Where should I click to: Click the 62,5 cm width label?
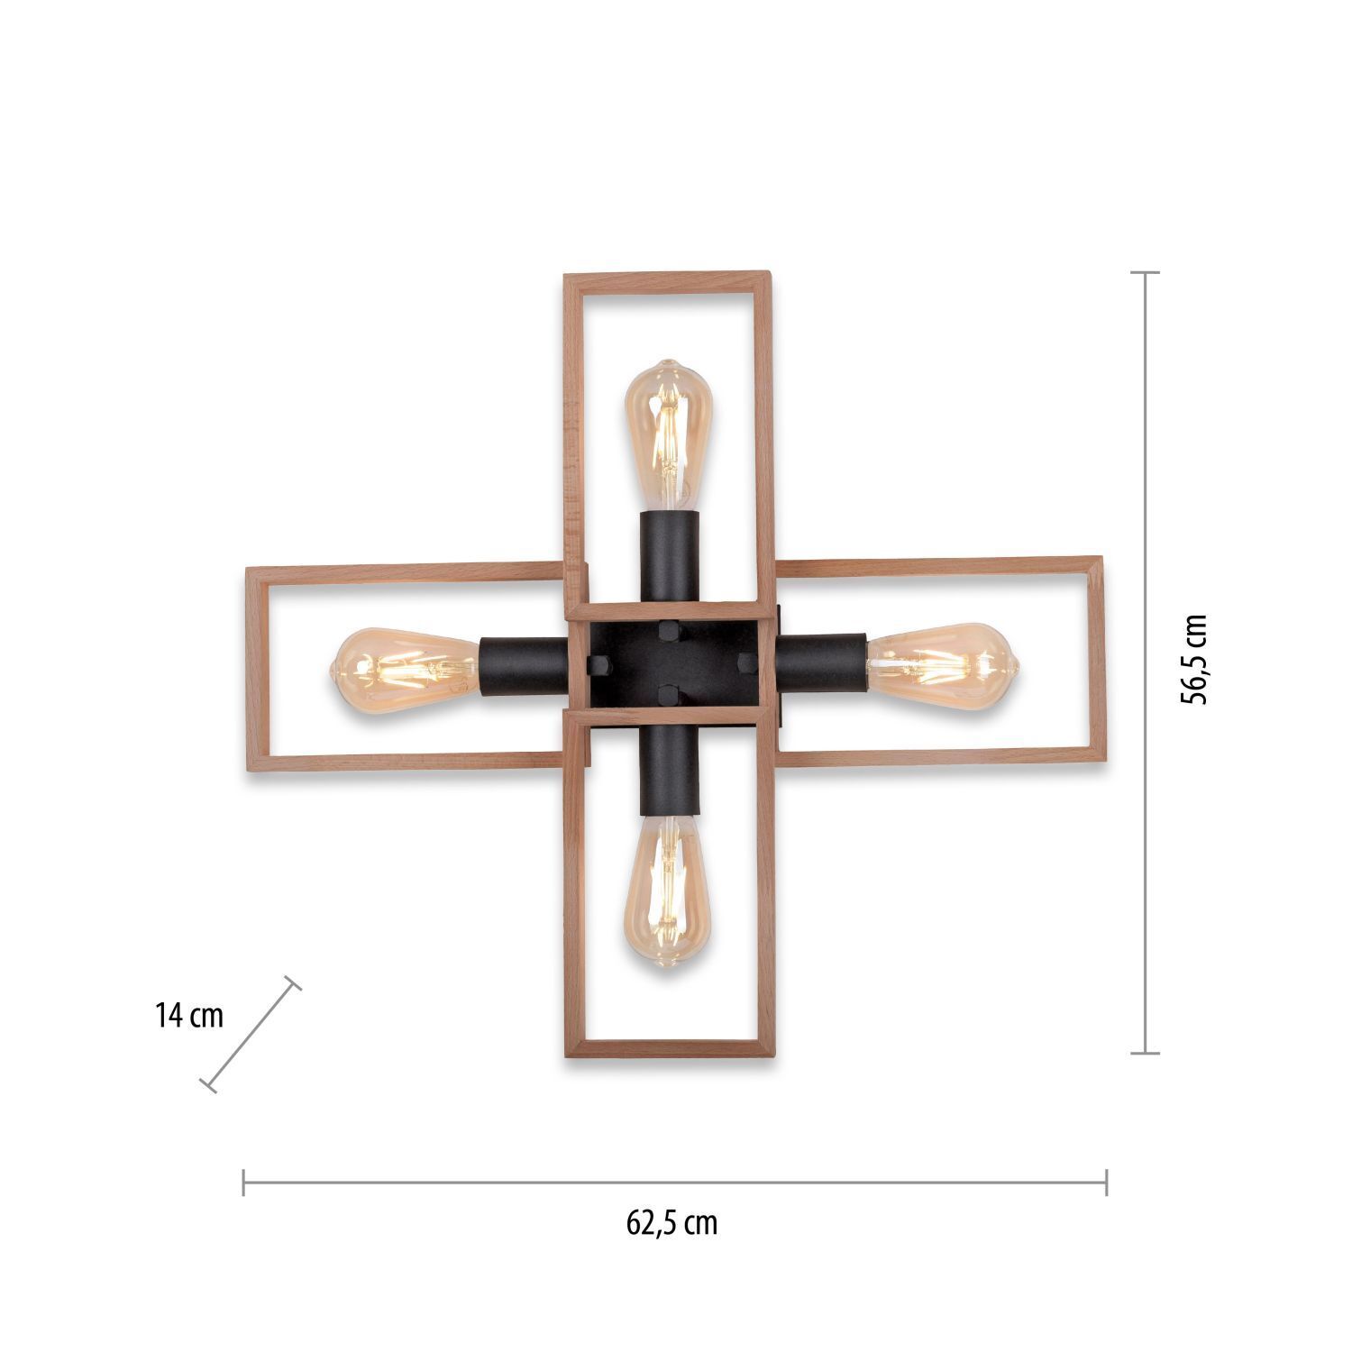point(672,1223)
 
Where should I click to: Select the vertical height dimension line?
point(1145,662)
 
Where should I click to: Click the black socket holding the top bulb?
point(670,554)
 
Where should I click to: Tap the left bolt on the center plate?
point(597,665)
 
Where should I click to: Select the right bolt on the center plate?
point(747,663)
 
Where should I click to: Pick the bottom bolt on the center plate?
point(670,696)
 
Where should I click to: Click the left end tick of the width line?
point(244,1182)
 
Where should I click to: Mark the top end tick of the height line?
point(1145,272)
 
